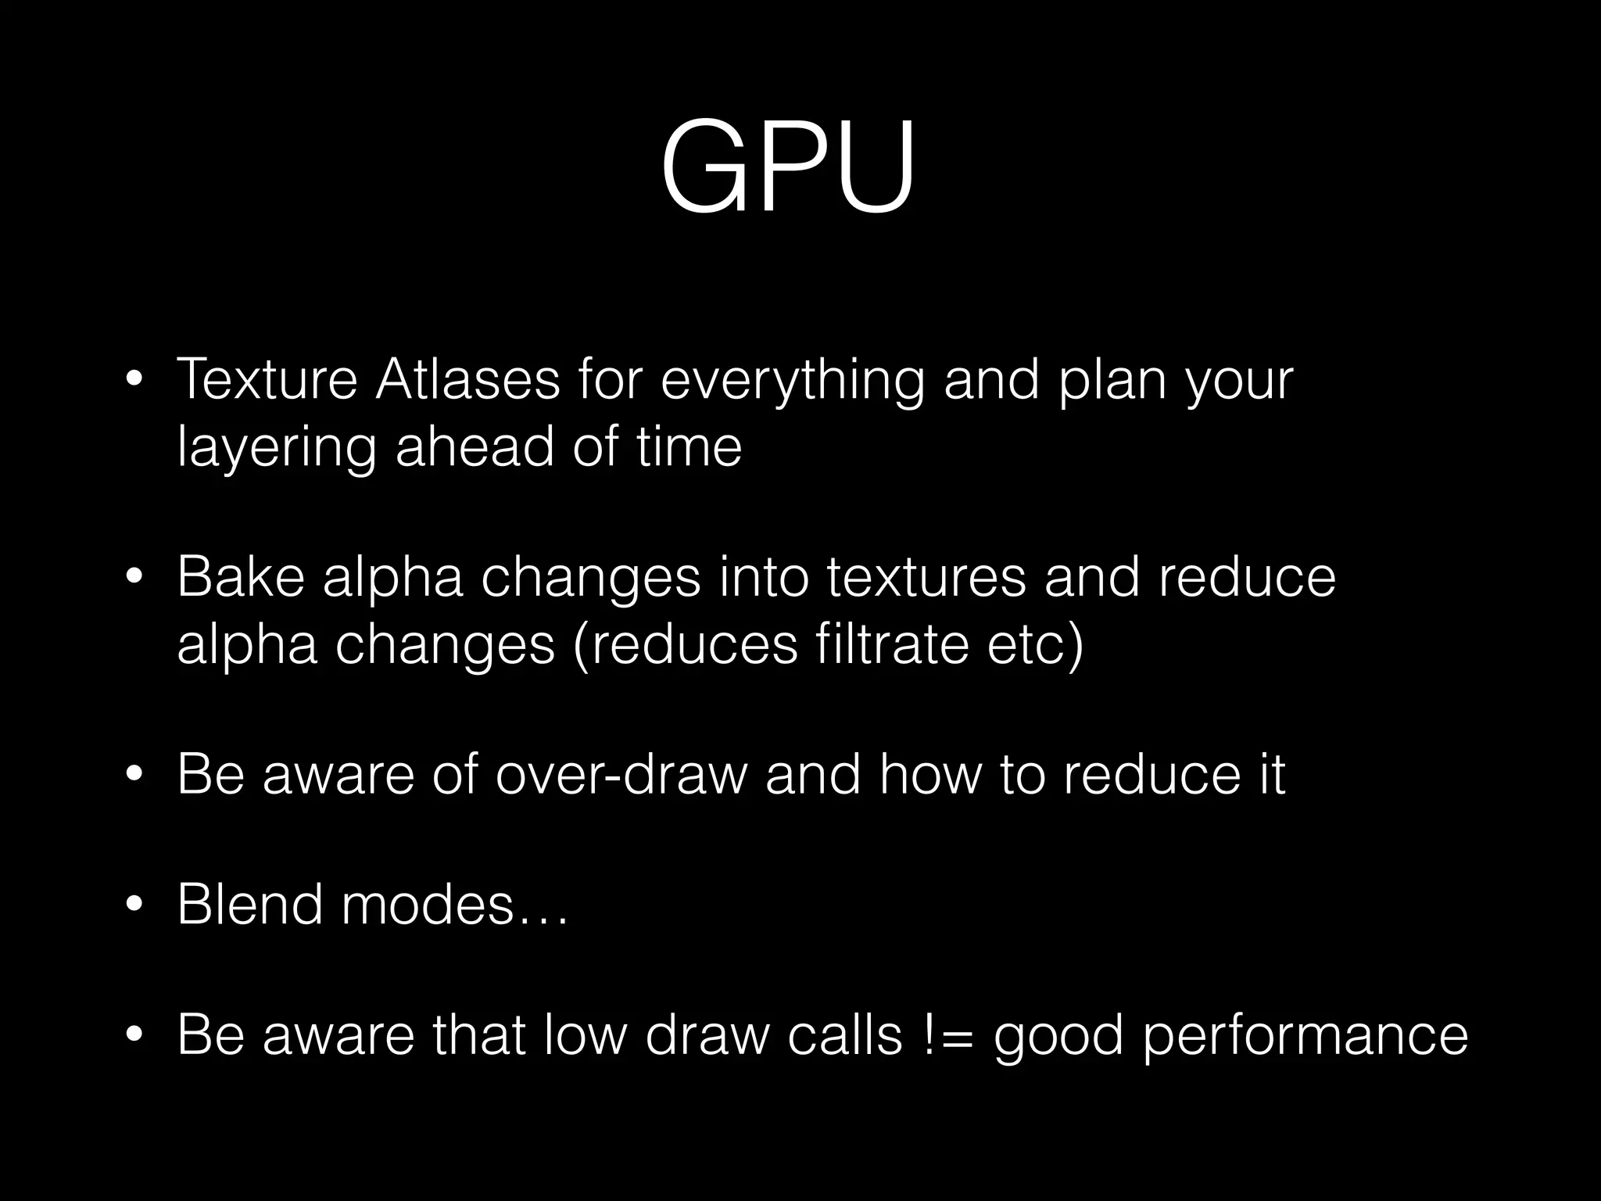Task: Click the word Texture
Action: click(x=267, y=379)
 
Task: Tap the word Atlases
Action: click(x=467, y=379)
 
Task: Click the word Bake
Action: click(x=240, y=577)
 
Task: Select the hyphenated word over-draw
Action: click(x=621, y=774)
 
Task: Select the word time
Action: click(x=689, y=448)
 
